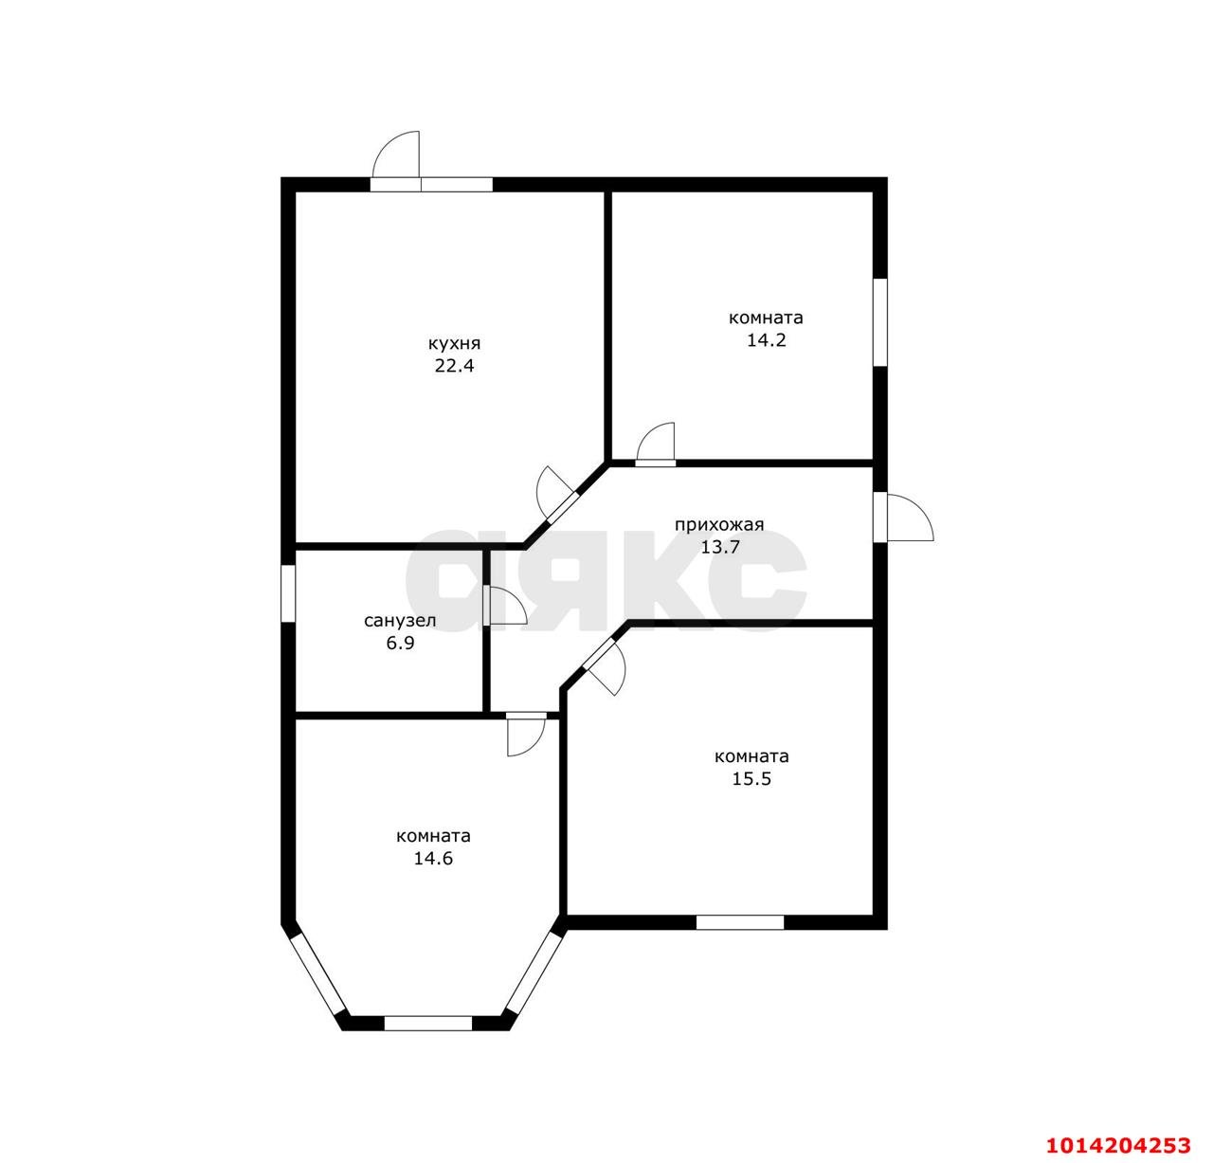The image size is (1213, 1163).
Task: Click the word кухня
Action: click(x=454, y=344)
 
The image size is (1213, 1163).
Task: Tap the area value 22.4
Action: click(x=454, y=366)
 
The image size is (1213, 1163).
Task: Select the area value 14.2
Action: click(x=766, y=340)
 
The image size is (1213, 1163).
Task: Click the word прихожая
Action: click(x=718, y=525)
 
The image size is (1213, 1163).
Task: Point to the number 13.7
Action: click(x=720, y=548)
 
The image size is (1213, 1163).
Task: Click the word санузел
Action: click(x=400, y=621)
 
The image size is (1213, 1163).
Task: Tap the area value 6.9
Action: click(x=400, y=643)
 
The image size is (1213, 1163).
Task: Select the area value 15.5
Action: click(x=751, y=779)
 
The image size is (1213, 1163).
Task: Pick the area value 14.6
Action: click(x=432, y=859)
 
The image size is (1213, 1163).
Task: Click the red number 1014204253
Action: click(x=1117, y=1146)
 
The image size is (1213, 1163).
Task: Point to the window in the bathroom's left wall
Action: click(x=288, y=593)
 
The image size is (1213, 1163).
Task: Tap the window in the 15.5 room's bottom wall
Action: click(x=739, y=922)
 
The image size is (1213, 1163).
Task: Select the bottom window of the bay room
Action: click(x=428, y=1024)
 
